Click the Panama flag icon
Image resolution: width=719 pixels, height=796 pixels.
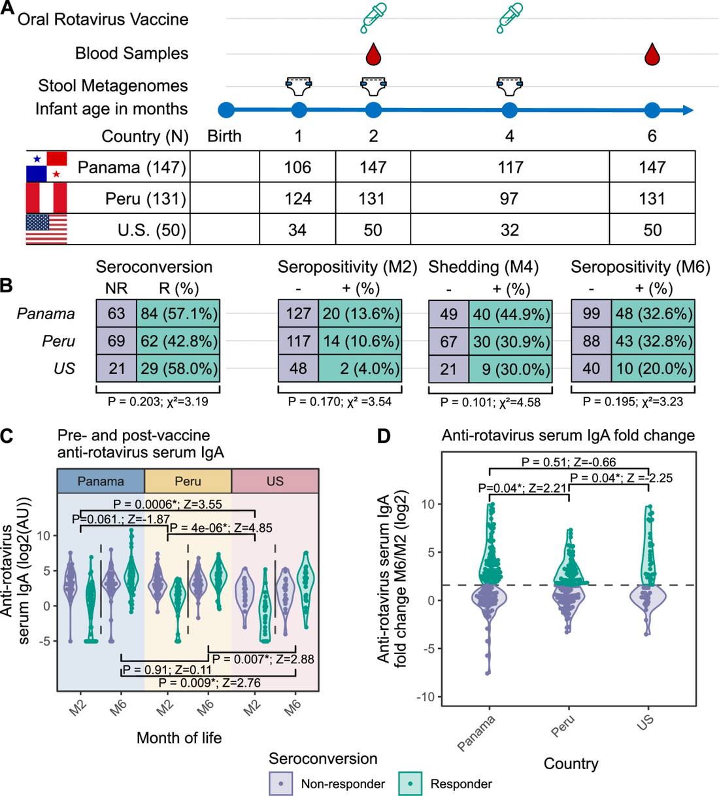46,166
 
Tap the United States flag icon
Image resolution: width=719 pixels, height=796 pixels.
46,229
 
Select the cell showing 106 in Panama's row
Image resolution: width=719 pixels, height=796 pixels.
297,167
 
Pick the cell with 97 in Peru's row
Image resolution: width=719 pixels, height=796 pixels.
510,198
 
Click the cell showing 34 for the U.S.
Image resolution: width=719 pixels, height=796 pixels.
297,230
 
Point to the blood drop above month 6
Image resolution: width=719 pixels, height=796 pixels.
652,54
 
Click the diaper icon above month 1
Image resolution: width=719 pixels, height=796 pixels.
299,86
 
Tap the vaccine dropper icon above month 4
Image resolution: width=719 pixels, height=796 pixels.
510,18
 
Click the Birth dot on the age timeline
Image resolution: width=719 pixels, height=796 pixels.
226,110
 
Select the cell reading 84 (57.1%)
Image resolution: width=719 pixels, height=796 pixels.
178,313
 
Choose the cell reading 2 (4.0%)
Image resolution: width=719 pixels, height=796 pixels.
360,369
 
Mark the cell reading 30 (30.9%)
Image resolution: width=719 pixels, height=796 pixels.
510,341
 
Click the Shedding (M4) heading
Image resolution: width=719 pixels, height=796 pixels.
484,267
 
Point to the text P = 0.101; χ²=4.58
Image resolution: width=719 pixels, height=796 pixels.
491,402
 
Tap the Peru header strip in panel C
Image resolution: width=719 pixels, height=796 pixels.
188,481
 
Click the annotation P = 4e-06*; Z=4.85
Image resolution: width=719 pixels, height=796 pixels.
221,528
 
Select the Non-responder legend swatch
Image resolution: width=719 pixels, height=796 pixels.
281,784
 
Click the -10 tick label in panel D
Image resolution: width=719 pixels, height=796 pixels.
426,697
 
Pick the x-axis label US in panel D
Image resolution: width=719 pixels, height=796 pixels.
645,722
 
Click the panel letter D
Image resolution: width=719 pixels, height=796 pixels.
384,436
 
